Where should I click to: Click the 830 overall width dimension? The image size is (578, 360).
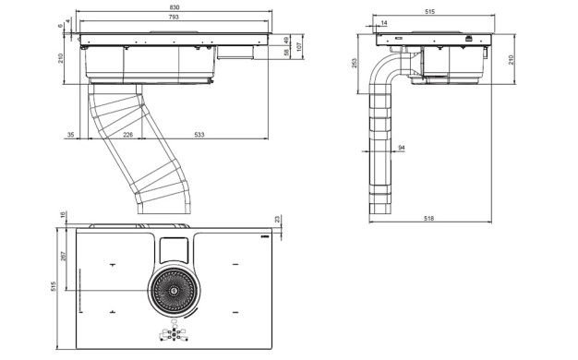(175, 7)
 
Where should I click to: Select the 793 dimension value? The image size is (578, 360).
(174, 17)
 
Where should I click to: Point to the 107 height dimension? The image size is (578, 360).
(299, 46)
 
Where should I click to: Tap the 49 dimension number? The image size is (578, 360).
(286, 40)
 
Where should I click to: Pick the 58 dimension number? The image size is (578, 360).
(286, 53)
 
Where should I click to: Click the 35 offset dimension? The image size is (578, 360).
(70, 135)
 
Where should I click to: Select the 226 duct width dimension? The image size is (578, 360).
(128, 135)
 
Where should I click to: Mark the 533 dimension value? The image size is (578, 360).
(199, 135)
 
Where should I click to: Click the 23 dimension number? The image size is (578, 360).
(278, 220)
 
